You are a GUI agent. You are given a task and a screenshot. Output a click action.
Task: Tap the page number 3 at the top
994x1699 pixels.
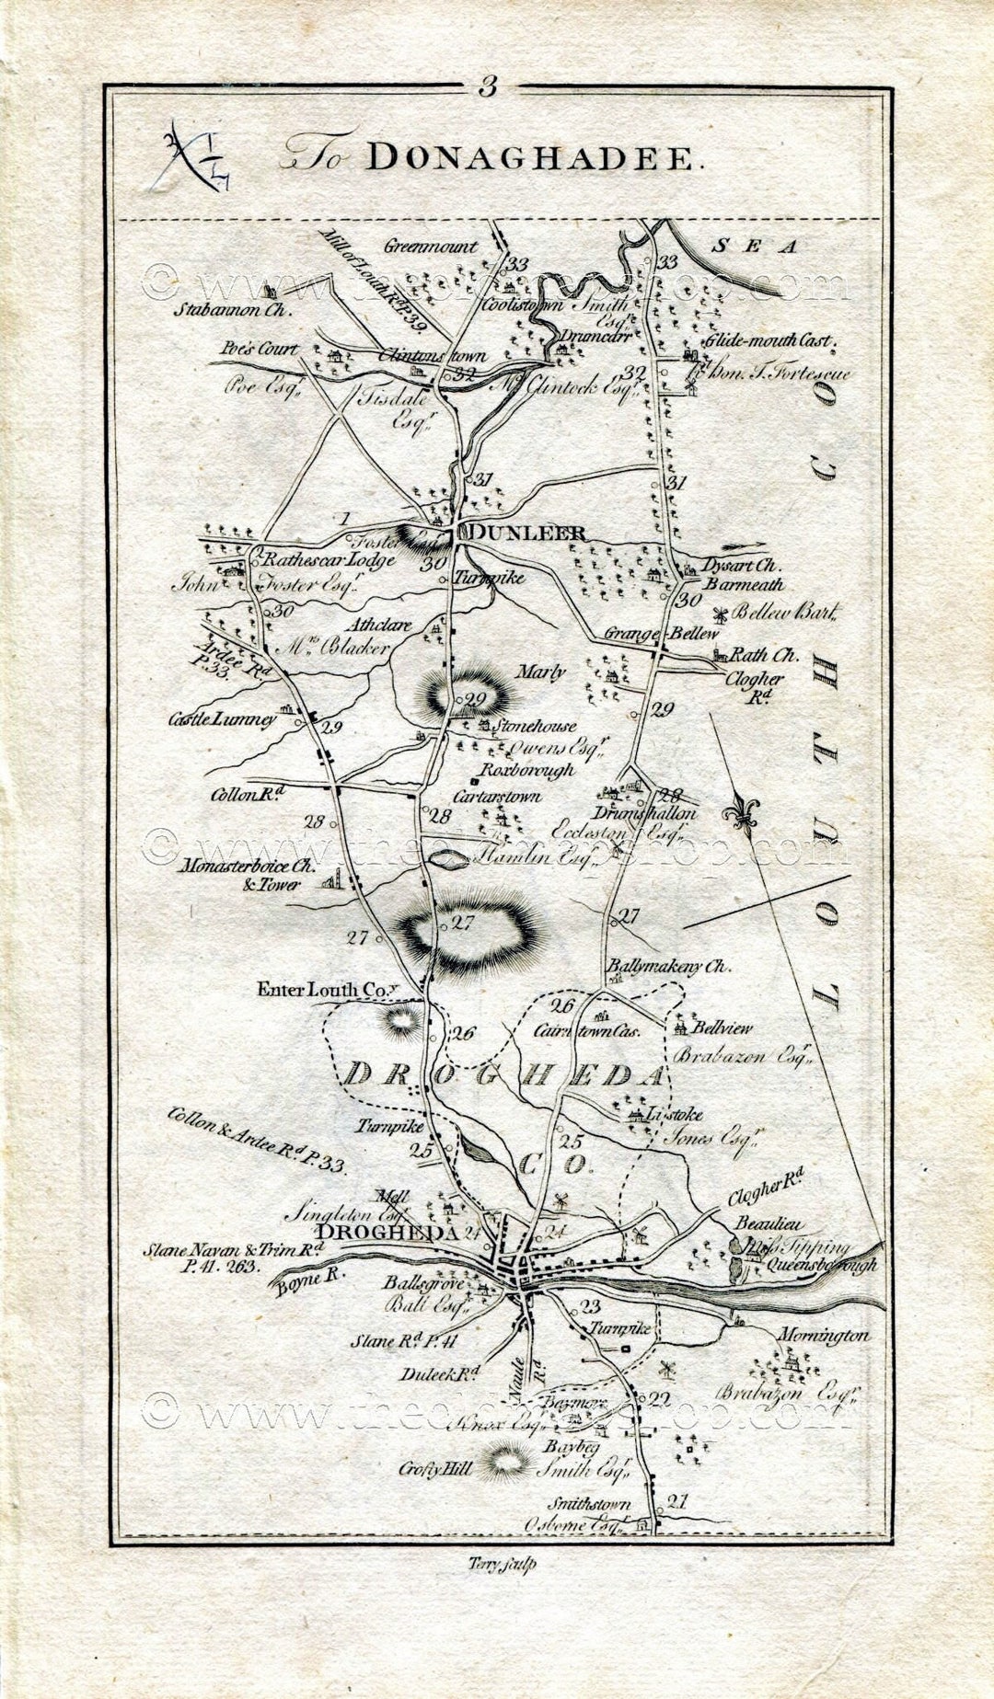click(487, 87)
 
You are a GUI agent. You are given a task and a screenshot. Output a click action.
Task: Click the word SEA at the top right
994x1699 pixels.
click(756, 247)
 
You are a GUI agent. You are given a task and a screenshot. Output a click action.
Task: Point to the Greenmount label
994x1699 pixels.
click(431, 247)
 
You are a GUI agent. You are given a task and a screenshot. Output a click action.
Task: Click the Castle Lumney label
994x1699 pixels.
click(222, 719)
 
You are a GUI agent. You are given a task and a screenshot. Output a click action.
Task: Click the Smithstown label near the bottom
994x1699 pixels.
click(590, 1504)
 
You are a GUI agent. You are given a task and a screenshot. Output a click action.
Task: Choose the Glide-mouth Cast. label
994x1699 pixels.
click(769, 341)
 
